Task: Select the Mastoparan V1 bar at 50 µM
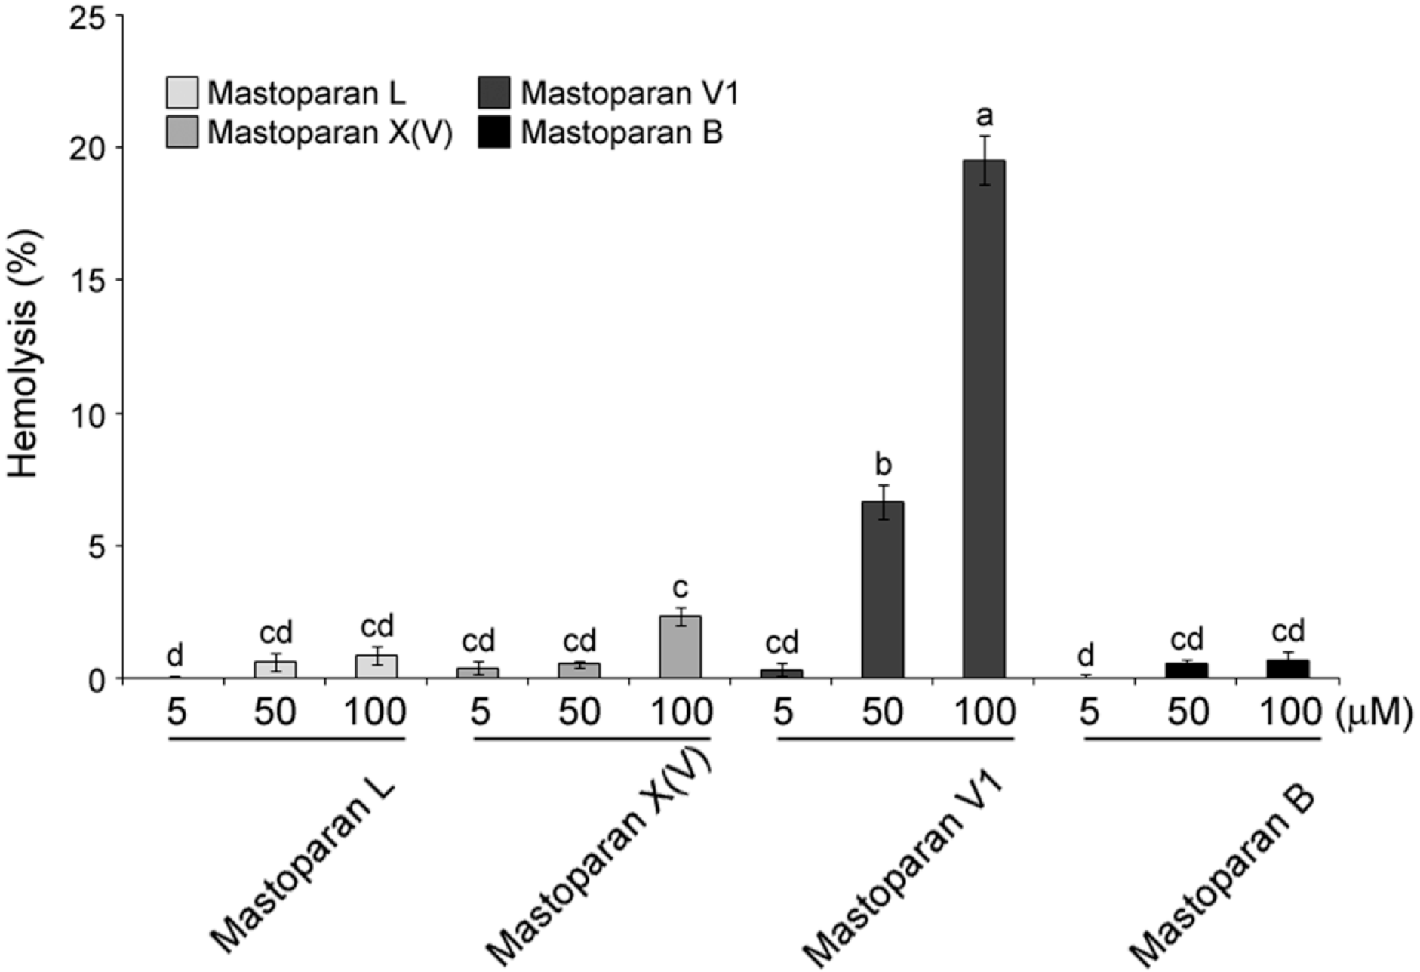(x=882, y=589)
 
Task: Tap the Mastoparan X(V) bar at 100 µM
(x=680, y=647)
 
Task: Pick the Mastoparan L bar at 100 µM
(x=376, y=666)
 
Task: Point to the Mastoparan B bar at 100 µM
(x=1287, y=669)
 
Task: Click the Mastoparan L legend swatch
(x=182, y=93)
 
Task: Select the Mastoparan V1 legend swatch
(x=494, y=93)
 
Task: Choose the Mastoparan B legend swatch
(x=494, y=132)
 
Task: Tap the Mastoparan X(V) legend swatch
(x=182, y=132)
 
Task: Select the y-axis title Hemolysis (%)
(x=24, y=355)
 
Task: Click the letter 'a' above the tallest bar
(x=984, y=116)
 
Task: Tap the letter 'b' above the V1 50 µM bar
(x=883, y=463)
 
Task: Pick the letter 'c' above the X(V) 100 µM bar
(x=681, y=587)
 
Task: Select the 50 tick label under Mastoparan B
(x=1187, y=712)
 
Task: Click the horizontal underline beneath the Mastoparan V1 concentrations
(x=896, y=739)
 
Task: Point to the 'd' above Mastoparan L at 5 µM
(x=175, y=655)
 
